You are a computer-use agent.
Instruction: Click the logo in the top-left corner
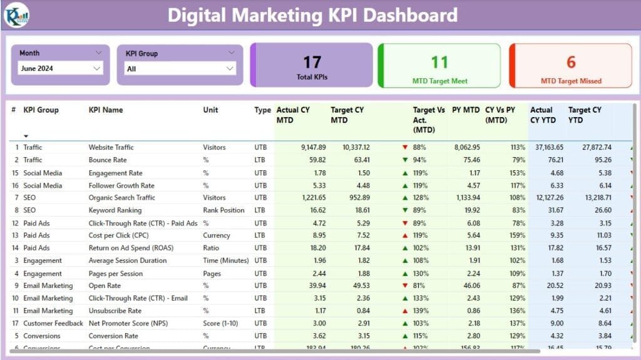click(x=16, y=15)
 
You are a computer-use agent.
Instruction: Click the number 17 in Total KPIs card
click(x=312, y=62)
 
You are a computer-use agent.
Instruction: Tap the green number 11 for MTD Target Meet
click(x=439, y=62)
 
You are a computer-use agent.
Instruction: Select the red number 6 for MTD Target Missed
click(x=571, y=62)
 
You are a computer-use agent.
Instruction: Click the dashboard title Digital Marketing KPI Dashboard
click(x=312, y=15)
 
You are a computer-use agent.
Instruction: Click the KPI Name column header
click(x=106, y=110)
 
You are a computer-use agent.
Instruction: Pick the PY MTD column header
click(x=466, y=110)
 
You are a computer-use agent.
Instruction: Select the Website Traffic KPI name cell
click(x=111, y=148)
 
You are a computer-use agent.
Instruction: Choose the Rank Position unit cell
click(x=223, y=210)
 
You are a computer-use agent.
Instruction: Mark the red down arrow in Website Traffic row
click(x=405, y=148)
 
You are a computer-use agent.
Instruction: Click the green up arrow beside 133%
click(x=405, y=298)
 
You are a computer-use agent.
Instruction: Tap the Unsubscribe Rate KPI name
click(x=115, y=311)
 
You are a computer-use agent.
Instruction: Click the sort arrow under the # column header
click(x=26, y=135)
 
